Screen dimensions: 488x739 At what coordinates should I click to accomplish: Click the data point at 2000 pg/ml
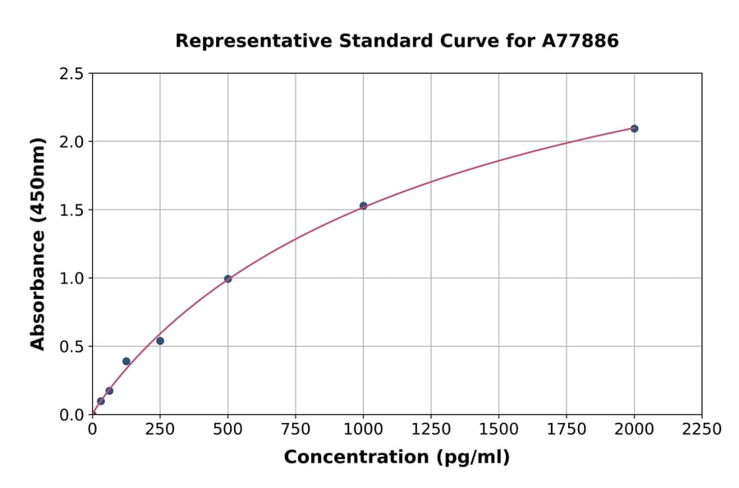[x=634, y=128]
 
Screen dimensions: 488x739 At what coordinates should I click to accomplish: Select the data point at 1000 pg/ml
[x=363, y=205]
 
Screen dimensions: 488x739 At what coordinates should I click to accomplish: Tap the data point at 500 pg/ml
[x=227, y=279]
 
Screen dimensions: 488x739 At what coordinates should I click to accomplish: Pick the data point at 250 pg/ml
[x=160, y=341]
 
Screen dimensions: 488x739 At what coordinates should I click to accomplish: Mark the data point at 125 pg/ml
[x=126, y=361]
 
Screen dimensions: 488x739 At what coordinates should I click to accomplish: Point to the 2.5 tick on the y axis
[x=71, y=74]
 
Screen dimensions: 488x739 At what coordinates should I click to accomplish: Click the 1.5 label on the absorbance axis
[x=71, y=210]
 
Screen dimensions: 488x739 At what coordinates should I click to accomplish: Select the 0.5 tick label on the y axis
[x=71, y=347]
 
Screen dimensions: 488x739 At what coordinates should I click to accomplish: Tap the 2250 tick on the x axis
[x=702, y=430]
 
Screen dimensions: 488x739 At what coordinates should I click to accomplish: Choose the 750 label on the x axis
[x=296, y=430]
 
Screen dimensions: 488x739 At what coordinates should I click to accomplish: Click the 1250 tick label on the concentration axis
[x=431, y=430]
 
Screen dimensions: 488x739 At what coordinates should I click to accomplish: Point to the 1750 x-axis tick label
[x=567, y=430]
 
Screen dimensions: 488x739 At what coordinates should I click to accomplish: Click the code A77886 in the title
[x=581, y=40]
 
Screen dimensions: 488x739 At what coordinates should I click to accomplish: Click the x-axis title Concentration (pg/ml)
[x=397, y=458]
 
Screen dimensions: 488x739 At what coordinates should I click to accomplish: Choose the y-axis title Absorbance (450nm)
[x=38, y=244]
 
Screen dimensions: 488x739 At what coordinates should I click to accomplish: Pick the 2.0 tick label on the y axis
[x=71, y=142]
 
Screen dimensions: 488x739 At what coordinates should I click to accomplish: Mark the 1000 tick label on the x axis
[x=363, y=430]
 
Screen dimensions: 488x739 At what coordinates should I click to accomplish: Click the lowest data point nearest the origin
[x=101, y=401]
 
